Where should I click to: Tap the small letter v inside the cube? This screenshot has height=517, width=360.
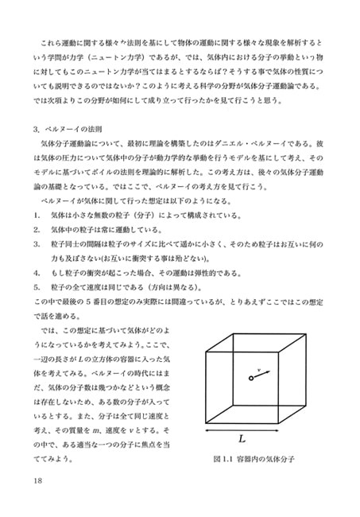pos(260,368)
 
